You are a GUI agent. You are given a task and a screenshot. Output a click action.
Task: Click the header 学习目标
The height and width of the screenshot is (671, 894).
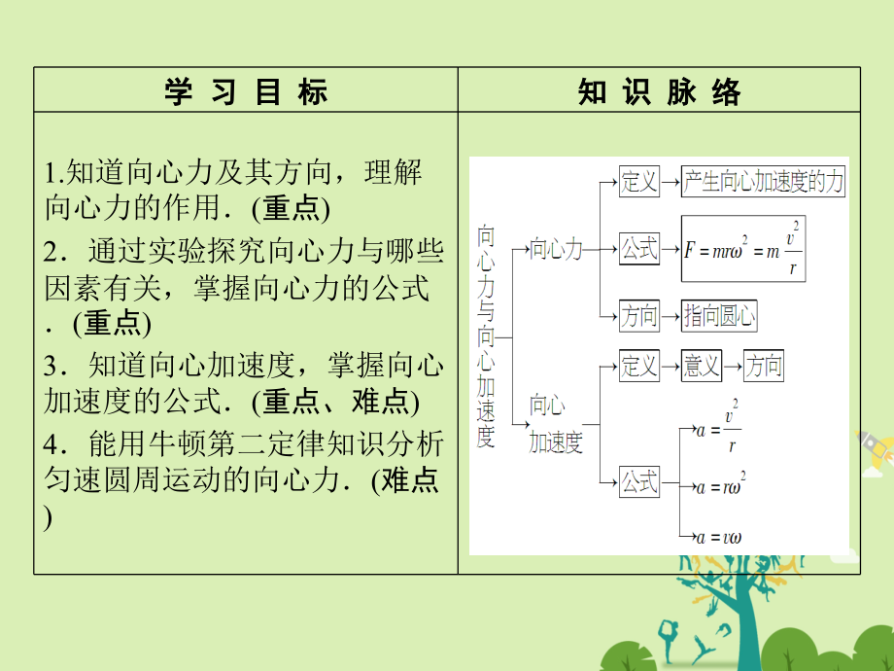[x=246, y=91]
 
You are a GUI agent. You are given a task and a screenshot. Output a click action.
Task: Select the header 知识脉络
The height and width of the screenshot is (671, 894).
[x=659, y=91]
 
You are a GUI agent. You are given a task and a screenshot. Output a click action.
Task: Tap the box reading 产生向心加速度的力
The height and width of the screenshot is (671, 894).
[x=763, y=182]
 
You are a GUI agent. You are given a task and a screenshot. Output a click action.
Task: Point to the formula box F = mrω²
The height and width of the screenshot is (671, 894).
[x=743, y=249]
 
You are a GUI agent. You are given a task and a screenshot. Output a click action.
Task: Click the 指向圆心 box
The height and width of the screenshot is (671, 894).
[x=719, y=315]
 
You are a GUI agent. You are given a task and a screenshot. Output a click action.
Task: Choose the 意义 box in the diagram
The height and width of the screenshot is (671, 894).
[x=702, y=366]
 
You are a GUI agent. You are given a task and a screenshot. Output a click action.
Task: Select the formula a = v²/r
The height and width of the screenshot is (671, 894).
[x=718, y=427]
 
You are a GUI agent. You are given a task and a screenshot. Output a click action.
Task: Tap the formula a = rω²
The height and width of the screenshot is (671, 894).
[x=721, y=485]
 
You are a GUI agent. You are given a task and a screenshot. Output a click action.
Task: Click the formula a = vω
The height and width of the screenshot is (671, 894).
[x=718, y=538]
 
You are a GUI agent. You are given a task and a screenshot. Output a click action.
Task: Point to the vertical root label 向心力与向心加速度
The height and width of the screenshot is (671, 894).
[x=486, y=336]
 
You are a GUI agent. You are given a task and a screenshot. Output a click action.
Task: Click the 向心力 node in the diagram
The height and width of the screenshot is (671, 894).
[x=556, y=249]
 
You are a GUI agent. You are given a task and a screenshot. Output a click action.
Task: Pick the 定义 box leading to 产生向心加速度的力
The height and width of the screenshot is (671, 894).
[x=639, y=182]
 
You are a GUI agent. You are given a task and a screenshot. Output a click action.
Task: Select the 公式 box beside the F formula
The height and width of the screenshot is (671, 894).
[x=639, y=249]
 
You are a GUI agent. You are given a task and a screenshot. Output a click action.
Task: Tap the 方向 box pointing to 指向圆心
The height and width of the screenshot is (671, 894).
[x=639, y=315]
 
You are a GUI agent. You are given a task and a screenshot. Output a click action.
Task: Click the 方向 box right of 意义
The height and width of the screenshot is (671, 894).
[x=764, y=366]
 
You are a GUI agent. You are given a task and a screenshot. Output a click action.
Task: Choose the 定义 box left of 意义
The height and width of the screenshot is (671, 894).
[x=639, y=366]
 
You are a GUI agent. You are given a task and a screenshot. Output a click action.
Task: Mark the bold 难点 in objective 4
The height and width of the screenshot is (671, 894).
[x=410, y=479]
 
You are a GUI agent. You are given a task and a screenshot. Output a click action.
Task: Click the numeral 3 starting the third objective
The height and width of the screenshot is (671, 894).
[x=51, y=366]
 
